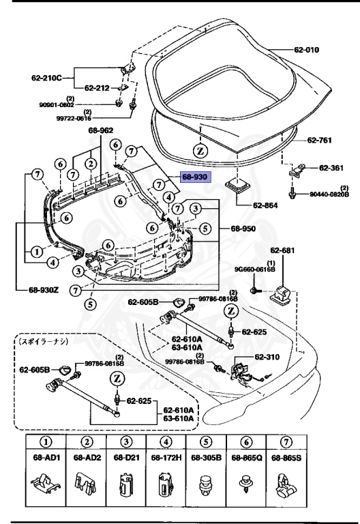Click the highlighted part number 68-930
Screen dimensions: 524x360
196,176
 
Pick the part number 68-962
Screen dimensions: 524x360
101,130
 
